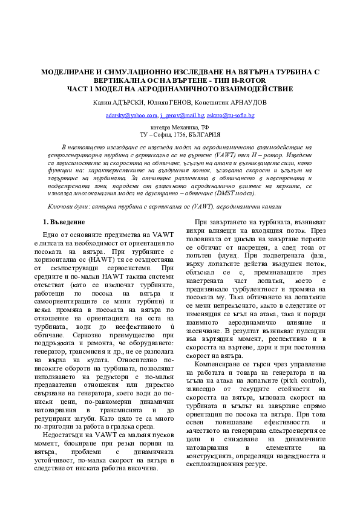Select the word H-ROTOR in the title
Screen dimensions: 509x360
248,80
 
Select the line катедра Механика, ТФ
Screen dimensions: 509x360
180,127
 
